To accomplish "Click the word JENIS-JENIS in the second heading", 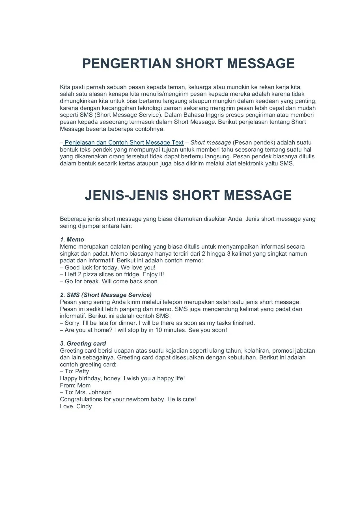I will [x=126, y=195].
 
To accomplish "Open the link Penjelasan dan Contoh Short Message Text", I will [x=124, y=143].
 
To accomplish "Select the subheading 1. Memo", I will [x=72, y=240].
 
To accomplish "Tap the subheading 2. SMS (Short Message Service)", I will [x=106, y=295].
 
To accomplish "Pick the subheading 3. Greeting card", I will [x=83, y=344].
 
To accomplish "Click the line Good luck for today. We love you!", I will [x=110, y=268].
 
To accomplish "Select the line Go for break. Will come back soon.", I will [x=112, y=281].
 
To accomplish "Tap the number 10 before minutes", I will [x=159, y=330].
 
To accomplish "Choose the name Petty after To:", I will [x=82, y=372].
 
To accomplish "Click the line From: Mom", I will [x=75, y=385].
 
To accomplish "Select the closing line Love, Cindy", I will [x=76, y=406].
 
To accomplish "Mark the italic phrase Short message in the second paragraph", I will [x=211, y=143].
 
